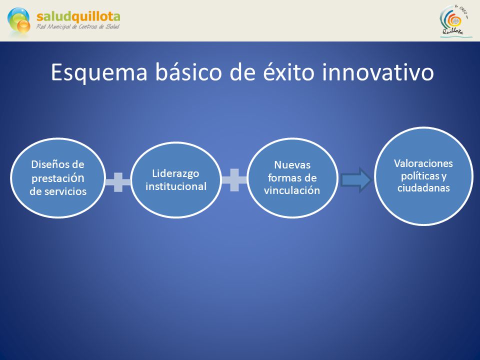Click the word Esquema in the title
tap(99, 73)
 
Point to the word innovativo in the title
tap(378, 72)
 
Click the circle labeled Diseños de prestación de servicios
tap(58, 178)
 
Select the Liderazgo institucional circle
tap(176, 179)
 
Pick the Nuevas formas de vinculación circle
tap(292, 178)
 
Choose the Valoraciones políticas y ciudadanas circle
tap(423, 176)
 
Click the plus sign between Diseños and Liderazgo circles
tap(118, 182)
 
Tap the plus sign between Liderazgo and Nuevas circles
tap(234, 180)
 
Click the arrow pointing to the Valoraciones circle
tap(356, 180)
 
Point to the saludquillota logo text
tap(78, 17)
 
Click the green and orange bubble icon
tap(19, 20)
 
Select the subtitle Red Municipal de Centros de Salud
tap(78, 27)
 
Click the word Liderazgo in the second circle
tap(175, 173)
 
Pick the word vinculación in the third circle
tap(292, 190)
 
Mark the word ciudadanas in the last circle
tap(423, 188)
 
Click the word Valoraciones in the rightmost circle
tap(423, 163)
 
